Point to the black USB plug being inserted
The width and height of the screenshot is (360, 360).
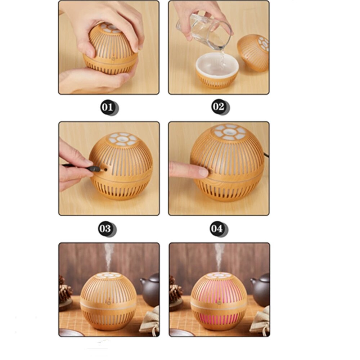[x=94, y=168]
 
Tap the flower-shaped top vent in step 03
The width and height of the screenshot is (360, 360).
[x=123, y=139]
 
